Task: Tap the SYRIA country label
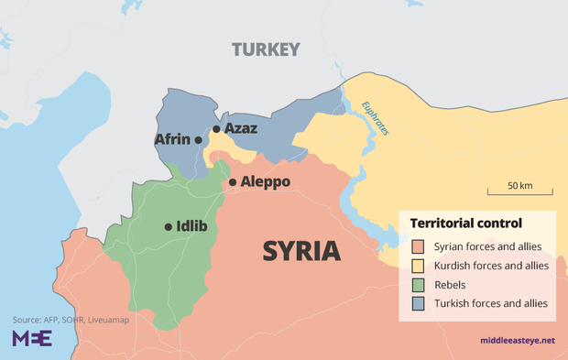coord(302,250)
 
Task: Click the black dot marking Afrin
coord(198,140)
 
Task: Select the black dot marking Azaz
coord(216,130)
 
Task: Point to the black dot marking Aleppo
coord(233,182)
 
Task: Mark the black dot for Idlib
coord(168,226)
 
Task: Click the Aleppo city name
coord(266,182)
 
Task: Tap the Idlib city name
coord(191,226)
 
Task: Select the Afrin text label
coord(172,140)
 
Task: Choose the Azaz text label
coord(240,129)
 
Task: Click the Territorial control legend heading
coord(465,224)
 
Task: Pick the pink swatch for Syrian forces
coord(418,246)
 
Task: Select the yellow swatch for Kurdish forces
coord(418,266)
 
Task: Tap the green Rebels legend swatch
coord(418,285)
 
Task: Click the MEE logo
coord(31,339)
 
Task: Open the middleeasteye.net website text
coord(517,341)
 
